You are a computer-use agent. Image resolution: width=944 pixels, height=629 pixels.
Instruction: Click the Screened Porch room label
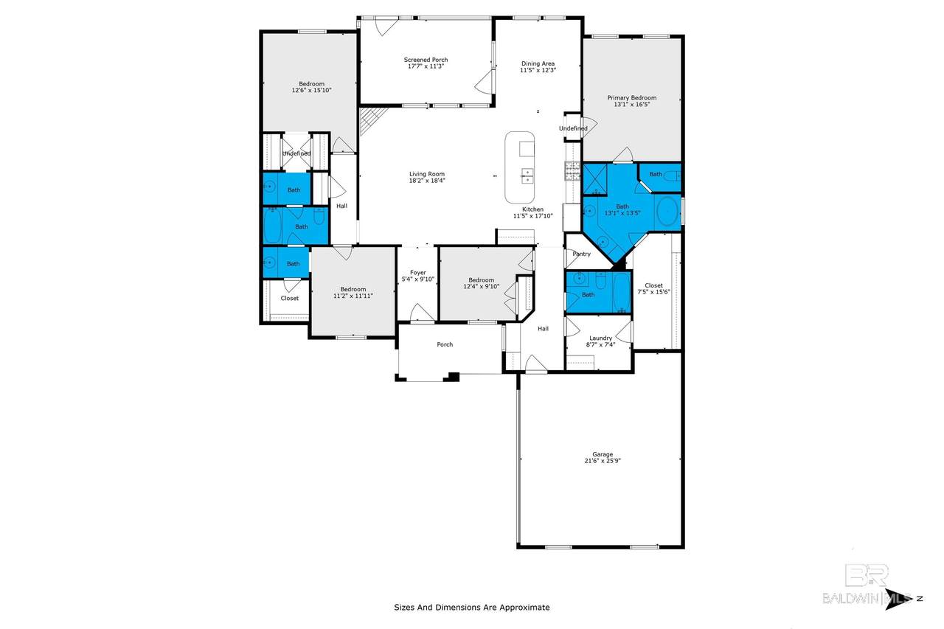426,60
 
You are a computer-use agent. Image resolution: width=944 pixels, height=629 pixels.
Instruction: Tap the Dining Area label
538,63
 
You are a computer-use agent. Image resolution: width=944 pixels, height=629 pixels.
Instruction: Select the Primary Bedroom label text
632,98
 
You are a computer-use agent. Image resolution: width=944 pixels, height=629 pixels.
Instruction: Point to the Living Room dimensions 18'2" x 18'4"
427,181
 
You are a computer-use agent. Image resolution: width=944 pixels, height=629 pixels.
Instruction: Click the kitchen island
520,167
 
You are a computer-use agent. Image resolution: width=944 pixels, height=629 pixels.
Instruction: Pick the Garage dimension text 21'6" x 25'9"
603,461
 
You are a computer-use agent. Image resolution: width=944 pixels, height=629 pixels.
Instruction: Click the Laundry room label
600,338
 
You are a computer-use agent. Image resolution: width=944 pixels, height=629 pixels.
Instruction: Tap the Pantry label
582,254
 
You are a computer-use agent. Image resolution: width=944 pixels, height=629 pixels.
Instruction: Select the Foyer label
418,273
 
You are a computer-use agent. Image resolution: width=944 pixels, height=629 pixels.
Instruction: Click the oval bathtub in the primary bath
667,211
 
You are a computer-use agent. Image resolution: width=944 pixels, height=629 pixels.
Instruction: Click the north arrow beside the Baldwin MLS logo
898,599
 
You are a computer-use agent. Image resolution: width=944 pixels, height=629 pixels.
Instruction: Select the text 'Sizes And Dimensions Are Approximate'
471,608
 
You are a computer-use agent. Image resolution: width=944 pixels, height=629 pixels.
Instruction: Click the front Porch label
445,344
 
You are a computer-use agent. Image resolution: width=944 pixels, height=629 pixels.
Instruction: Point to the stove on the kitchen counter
572,171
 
